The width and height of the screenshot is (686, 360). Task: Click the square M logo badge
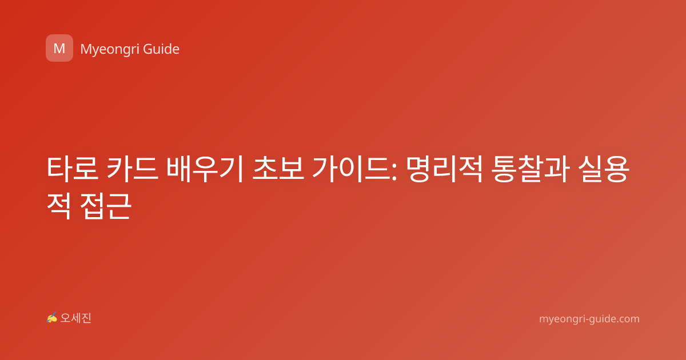(59, 48)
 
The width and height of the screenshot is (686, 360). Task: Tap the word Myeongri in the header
(110, 49)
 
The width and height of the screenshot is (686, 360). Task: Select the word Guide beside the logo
(161, 49)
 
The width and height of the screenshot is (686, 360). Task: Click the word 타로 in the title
(73, 168)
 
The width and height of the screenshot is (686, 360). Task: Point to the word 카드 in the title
(133, 168)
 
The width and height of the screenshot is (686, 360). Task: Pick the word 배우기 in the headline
(205, 169)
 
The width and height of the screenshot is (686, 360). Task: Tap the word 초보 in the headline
(278, 168)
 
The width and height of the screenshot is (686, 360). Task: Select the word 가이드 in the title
(352, 169)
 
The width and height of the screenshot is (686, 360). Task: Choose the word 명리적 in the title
(444, 169)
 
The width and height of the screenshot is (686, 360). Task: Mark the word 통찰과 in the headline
(530, 169)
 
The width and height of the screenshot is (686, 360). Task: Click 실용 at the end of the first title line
(603, 169)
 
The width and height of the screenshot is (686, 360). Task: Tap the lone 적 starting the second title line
(59, 206)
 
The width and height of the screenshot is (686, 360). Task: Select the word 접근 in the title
(106, 206)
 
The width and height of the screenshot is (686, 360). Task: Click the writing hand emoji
(51, 318)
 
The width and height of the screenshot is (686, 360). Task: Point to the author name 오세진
(75, 318)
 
